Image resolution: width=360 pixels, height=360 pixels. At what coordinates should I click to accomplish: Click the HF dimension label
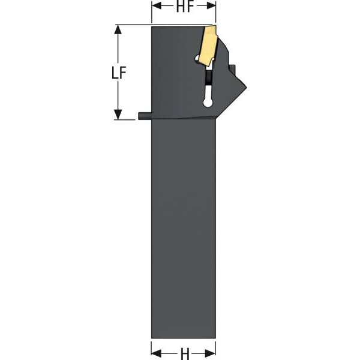pyautogui.click(x=185, y=7)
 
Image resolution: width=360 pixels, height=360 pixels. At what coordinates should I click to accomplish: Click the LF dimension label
pyautogui.click(x=119, y=73)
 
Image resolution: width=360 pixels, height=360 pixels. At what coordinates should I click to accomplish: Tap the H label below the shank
pyautogui.click(x=185, y=353)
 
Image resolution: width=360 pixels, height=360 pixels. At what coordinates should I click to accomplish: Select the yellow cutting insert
pyautogui.click(x=208, y=46)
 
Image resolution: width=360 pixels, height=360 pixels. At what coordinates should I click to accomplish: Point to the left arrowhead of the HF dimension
pyautogui.click(x=157, y=6)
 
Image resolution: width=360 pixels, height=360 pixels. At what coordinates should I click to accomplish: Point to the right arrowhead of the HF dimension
pyautogui.click(x=211, y=6)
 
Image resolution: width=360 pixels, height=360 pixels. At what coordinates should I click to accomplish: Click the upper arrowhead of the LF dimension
pyautogui.click(x=118, y=29)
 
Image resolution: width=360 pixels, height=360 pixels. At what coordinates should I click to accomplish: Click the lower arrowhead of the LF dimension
pyautogui.click(x=118, y=115)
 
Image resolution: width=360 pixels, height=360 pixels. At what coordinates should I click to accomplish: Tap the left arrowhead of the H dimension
pyautogui.click(x=156, y=353)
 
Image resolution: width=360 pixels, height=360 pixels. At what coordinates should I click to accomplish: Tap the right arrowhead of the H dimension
pyautogui.click(x=211, y=353)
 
